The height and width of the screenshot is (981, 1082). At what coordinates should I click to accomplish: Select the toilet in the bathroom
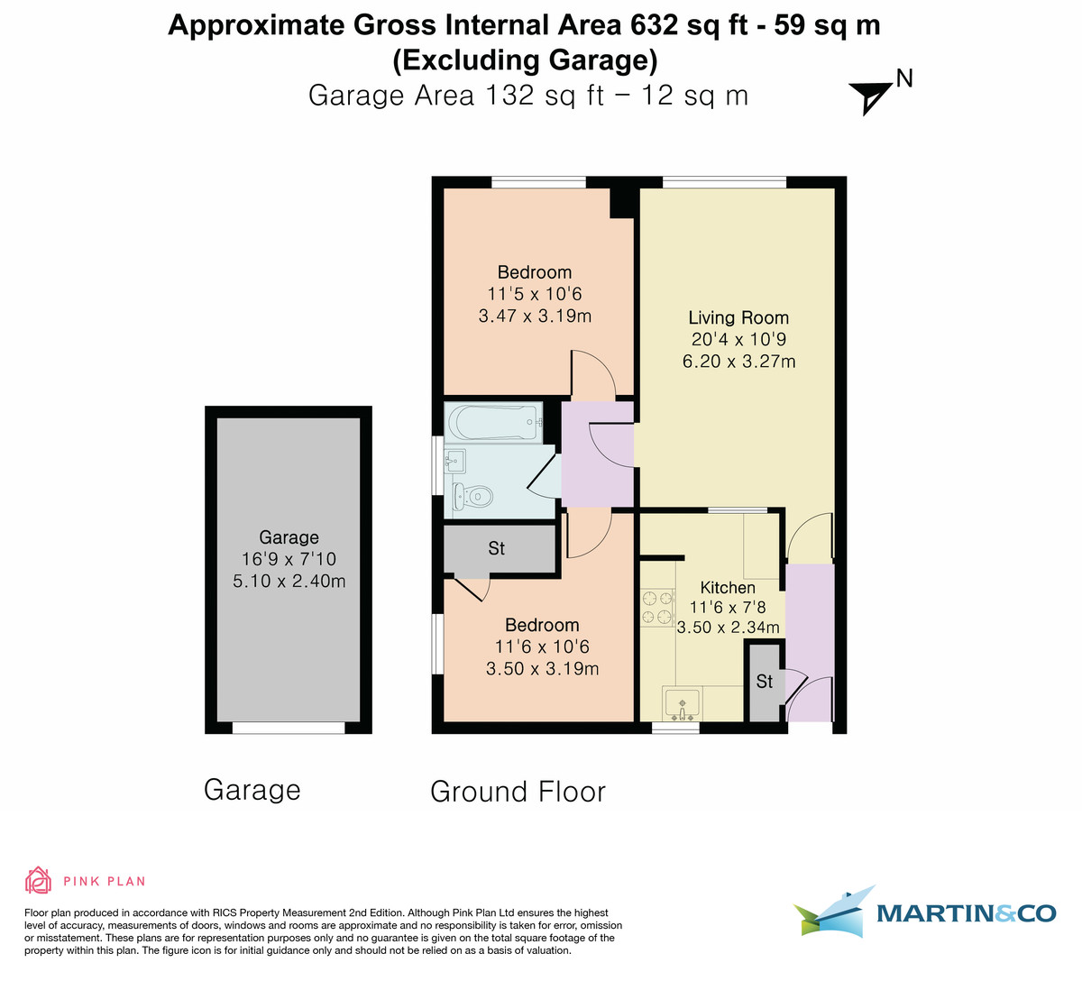coord(473,495)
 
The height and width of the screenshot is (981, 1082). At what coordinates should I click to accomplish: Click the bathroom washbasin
coord(455,462)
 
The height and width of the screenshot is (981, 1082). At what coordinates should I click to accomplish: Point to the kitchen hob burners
coord(657,607)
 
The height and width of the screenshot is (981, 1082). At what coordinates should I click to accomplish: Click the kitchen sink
coord(683,701)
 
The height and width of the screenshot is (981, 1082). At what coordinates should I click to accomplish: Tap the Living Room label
coord(738,317)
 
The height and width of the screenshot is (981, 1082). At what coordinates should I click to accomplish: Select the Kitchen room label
coord(728,587)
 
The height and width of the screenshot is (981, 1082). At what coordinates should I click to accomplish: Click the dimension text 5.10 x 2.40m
coord(289,581)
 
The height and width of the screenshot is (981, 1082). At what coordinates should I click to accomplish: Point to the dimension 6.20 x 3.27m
coord(738,362)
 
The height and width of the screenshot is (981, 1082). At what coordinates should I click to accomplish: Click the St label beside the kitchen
coord(765,682)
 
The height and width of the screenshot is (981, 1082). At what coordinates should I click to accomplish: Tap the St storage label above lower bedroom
coord(497,548)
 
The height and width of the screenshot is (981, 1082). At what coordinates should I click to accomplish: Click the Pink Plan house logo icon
coord(39,880)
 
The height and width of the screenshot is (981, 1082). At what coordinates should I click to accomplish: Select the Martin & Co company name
coord(965,913)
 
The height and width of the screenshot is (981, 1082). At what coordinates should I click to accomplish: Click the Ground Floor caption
coord(518,792)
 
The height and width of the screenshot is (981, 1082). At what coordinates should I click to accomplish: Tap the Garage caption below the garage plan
coord(252,790)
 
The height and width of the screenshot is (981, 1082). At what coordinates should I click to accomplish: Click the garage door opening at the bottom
coord(289,728)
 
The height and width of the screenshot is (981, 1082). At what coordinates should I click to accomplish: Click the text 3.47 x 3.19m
coord(535,316)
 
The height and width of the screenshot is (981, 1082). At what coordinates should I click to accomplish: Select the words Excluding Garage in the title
coord(525,60)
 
